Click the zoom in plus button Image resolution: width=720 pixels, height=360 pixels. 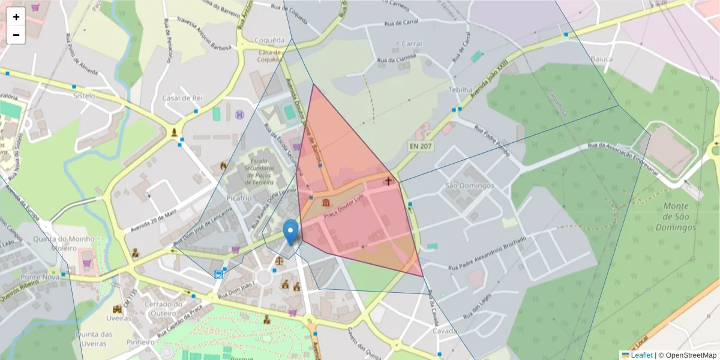16,17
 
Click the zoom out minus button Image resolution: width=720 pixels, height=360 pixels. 16,35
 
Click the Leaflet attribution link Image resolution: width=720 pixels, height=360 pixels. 641,355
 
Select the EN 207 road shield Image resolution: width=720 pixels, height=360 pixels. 421,146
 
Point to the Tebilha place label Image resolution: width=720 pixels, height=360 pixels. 461,89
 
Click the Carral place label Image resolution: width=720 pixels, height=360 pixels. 412,44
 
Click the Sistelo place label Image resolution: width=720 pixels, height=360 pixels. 84,95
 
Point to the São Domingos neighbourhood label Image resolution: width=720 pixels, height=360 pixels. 469,185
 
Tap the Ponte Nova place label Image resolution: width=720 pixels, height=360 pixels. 38,277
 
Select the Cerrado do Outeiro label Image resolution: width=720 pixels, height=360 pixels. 165,309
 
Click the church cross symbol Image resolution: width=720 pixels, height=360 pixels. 388,180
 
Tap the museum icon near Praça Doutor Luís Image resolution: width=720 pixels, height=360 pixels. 326,203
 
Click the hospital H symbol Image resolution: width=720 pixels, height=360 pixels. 240,114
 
